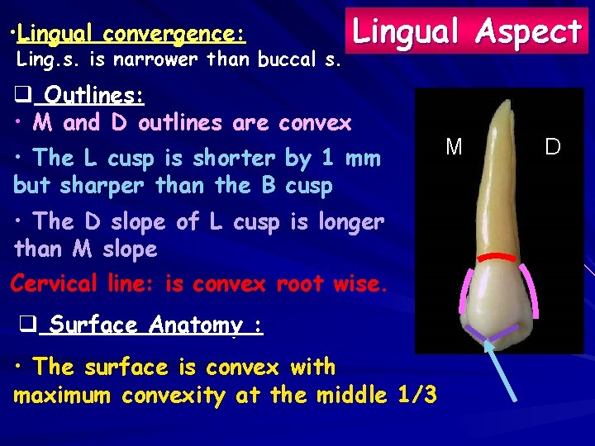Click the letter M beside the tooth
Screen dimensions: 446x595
tap(454, 148)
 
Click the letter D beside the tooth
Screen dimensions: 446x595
tap(552, 148)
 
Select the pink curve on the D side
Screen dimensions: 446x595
tap(529, 292)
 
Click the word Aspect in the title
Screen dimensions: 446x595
tap(531, 31)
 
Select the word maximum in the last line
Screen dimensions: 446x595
tap(64, 396)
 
